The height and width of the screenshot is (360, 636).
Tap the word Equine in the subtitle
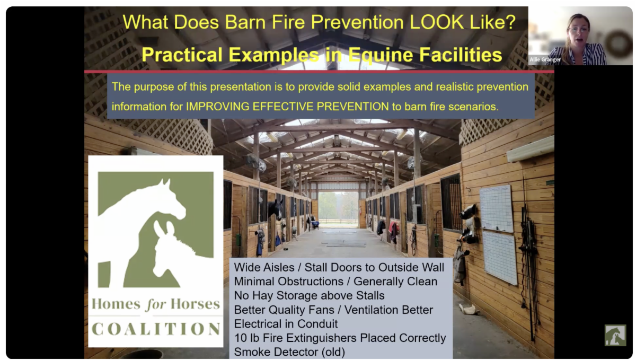(381, 55)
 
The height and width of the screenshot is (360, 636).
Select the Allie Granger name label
(545, 60)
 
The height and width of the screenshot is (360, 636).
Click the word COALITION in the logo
(156, 329)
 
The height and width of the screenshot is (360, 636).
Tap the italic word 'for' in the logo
(156, 304)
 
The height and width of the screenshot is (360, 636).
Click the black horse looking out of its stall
(276, 209)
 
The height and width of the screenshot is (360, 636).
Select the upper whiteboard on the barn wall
(497, 208)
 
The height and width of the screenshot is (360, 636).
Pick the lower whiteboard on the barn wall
(500, 258)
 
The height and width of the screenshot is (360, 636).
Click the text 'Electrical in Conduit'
(286, 323)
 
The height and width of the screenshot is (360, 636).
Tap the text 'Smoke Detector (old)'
(289, 352)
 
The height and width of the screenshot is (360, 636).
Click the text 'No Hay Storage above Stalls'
(309, 295)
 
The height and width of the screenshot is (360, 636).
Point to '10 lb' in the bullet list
(246, 338)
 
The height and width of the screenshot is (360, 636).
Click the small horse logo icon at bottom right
(615, 335)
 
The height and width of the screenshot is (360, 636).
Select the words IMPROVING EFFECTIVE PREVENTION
(287, 107)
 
